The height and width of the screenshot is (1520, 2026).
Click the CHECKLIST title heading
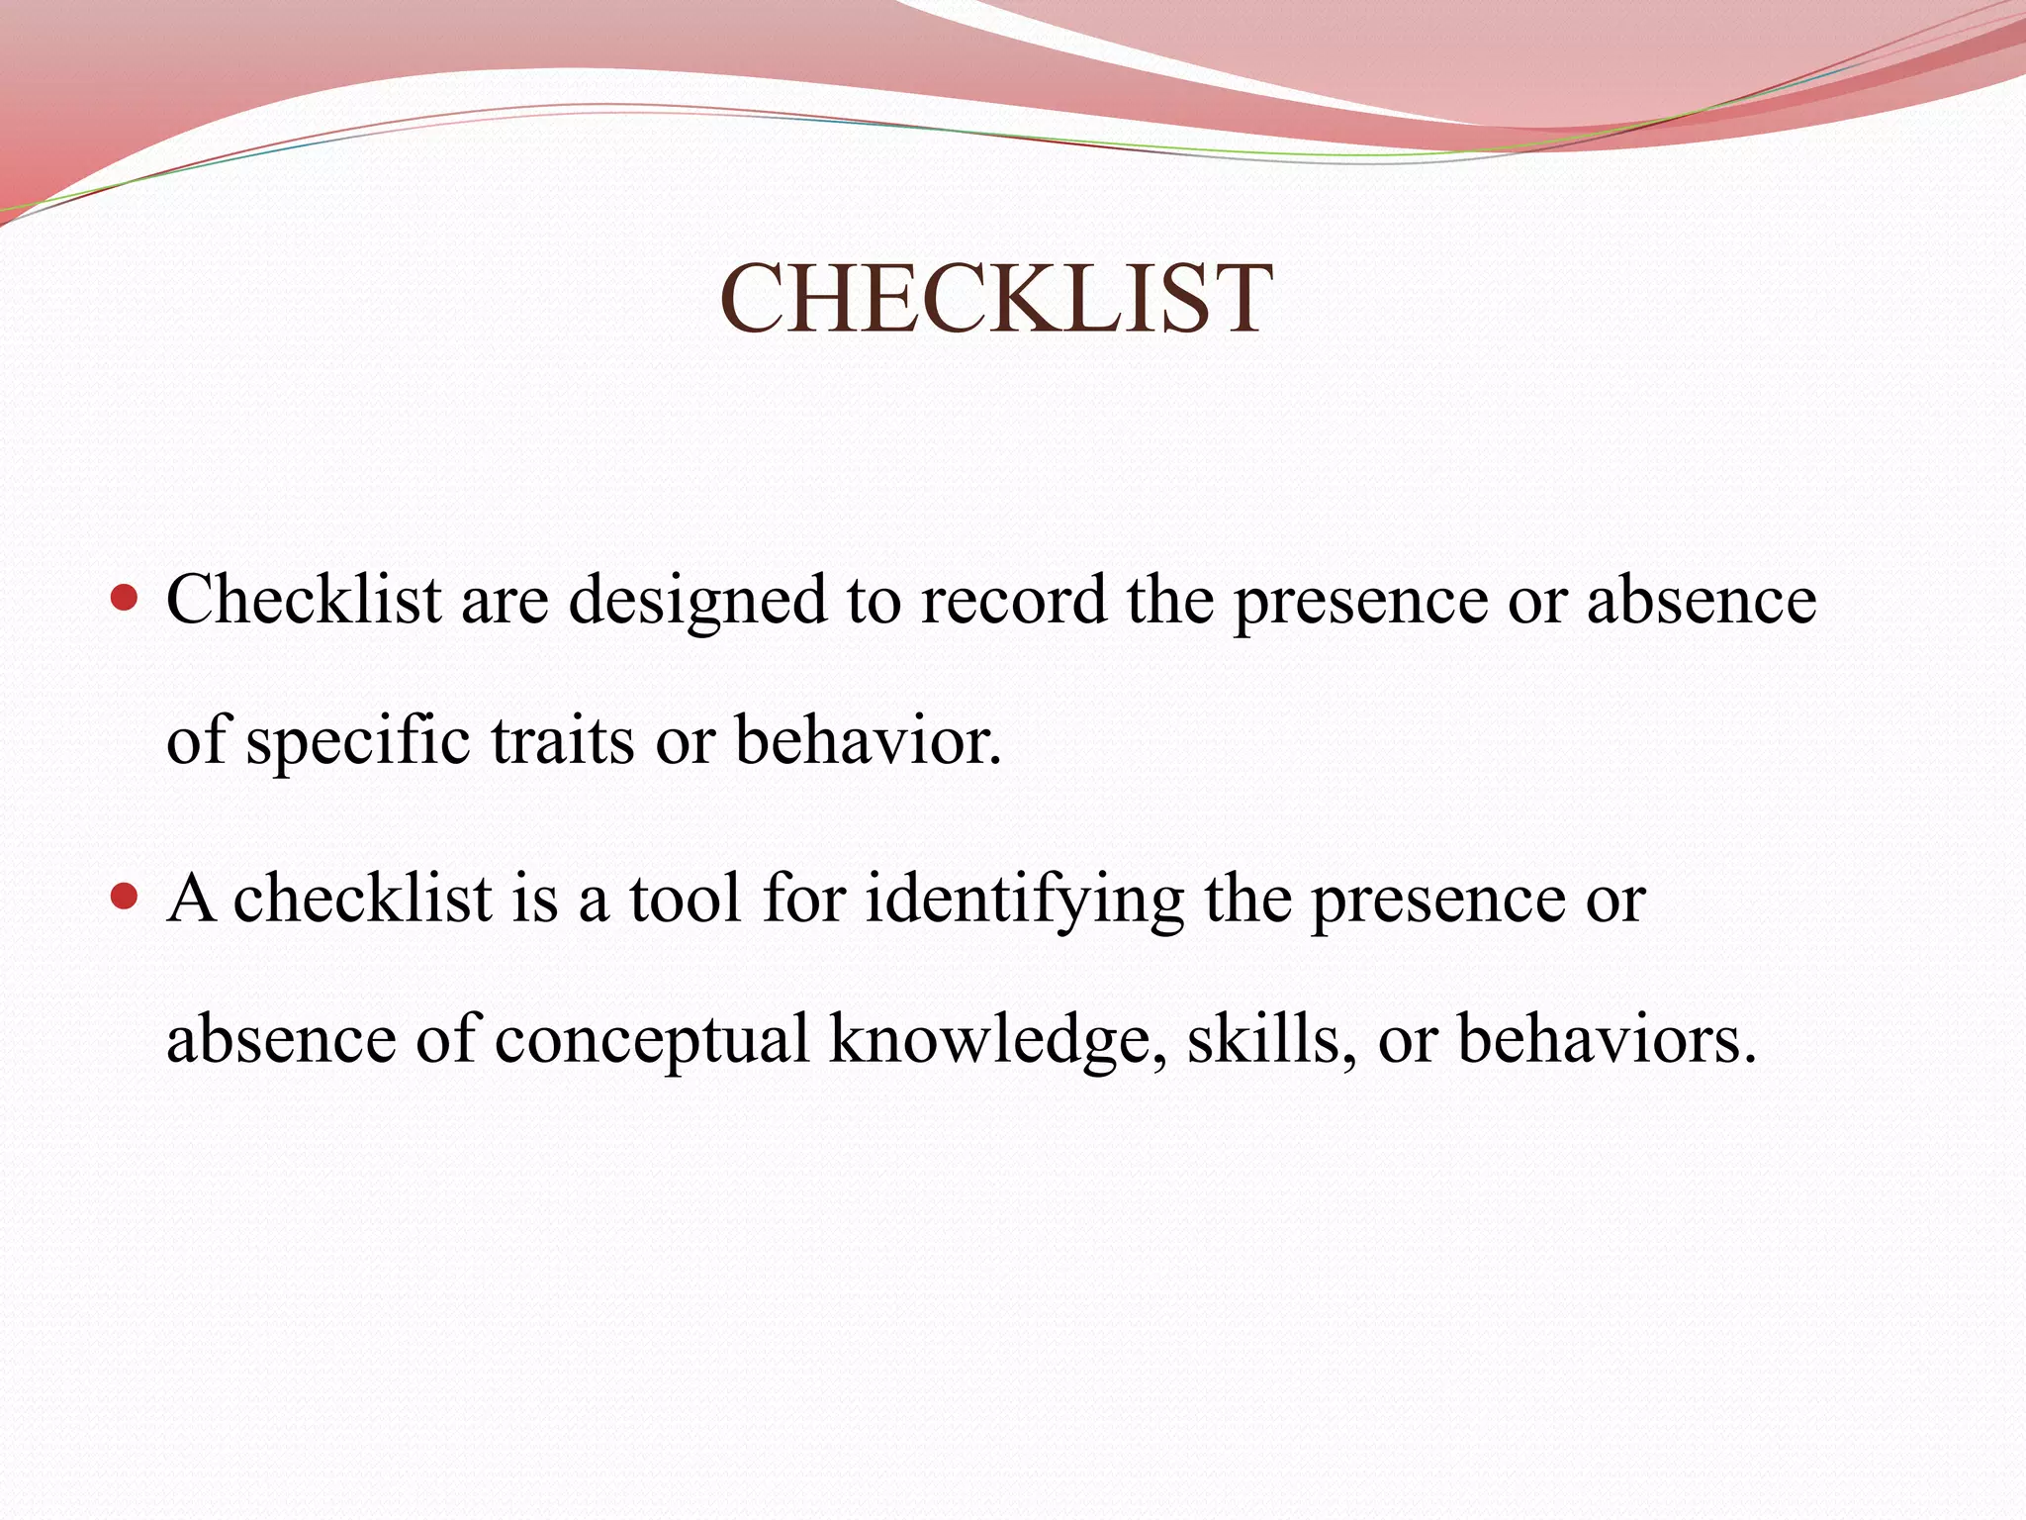pyautogui.click(x=995, y=300)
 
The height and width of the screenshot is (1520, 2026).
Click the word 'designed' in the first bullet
pyautogui.click(x=697, y=602)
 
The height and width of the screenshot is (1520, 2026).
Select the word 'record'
pyautogui.click(x=1014, y=600)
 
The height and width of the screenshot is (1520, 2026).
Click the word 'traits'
pyautogui.click(x=562, y=740)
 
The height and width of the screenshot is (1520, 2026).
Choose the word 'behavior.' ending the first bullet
pyautogui.click(x=868, y=740)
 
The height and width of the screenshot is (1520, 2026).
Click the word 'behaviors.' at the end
pyautogui.click(x=1608, y=1039)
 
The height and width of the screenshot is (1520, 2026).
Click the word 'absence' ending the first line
pyautogui.click(x=1702, y=600)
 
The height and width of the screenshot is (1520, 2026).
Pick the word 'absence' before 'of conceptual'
pyautogui.click(x=281, y=1039)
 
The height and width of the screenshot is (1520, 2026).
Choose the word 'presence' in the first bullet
pyautogui.click(x=1360, y=602)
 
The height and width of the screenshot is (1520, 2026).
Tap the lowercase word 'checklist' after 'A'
pyautogui.click(x=362, y=899)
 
